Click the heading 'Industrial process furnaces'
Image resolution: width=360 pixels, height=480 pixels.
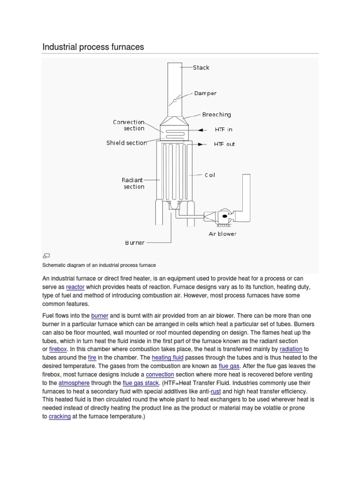[93, 47]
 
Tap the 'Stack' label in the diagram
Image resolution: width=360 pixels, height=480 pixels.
[201, 67]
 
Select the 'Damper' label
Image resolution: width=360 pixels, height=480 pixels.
[205, 93]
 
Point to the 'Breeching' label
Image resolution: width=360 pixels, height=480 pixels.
[216, 114]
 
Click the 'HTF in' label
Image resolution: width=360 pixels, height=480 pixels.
[223, 130]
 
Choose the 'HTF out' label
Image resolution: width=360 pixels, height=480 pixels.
[225, 144]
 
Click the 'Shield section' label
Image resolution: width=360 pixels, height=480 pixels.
[127, 143]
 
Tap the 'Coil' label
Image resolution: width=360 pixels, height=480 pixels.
[210, 175]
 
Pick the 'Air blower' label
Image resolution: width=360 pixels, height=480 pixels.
[222, 233]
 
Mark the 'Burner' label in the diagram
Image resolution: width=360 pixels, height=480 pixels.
[135, 243]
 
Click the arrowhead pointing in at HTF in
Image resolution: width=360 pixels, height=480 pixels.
[201, 130]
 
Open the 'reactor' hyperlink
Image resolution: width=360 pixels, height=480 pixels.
[75, 286]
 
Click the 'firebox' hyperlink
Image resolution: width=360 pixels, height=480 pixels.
[58, 349]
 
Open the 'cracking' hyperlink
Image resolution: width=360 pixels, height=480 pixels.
[60, 416]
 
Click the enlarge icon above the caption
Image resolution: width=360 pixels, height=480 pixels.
[46, 255]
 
